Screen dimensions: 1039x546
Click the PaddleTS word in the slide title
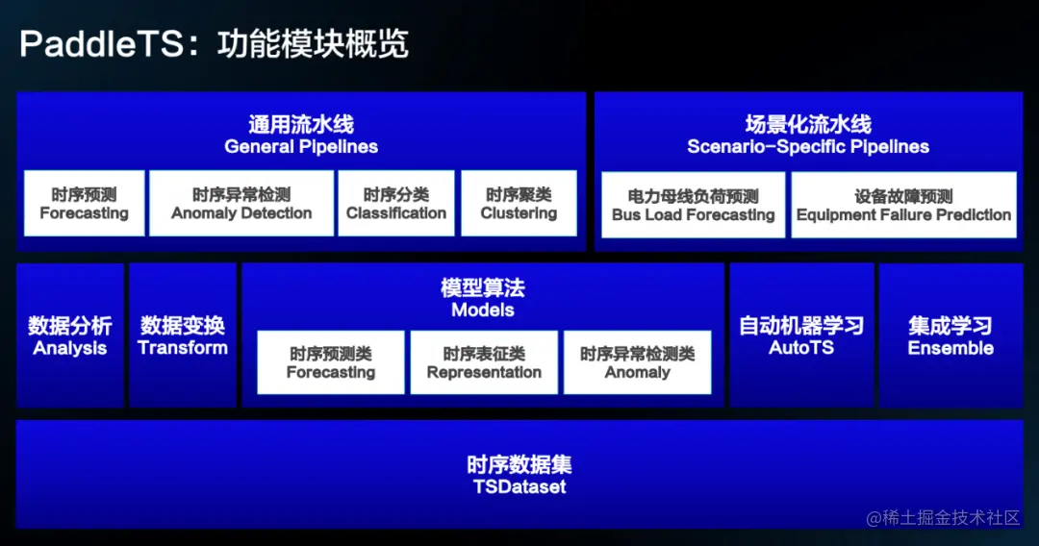pos(101,44)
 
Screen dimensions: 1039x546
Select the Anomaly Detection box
pos(241,203)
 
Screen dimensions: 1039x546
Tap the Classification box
pos(396,203)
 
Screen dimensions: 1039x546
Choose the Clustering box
pos(519,203)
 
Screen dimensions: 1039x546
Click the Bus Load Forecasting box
pos(693,205)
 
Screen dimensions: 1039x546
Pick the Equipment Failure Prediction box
pos(903,205)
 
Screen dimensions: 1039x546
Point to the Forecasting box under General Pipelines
pos(84,203)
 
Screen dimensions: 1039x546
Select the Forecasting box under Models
pos(331,362)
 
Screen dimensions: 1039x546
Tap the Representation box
pos(484,362)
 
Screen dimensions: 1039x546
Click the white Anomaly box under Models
pos(638,362)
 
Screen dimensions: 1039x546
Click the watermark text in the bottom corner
pos(943,517)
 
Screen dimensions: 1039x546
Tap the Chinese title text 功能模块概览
pos(313,44)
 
